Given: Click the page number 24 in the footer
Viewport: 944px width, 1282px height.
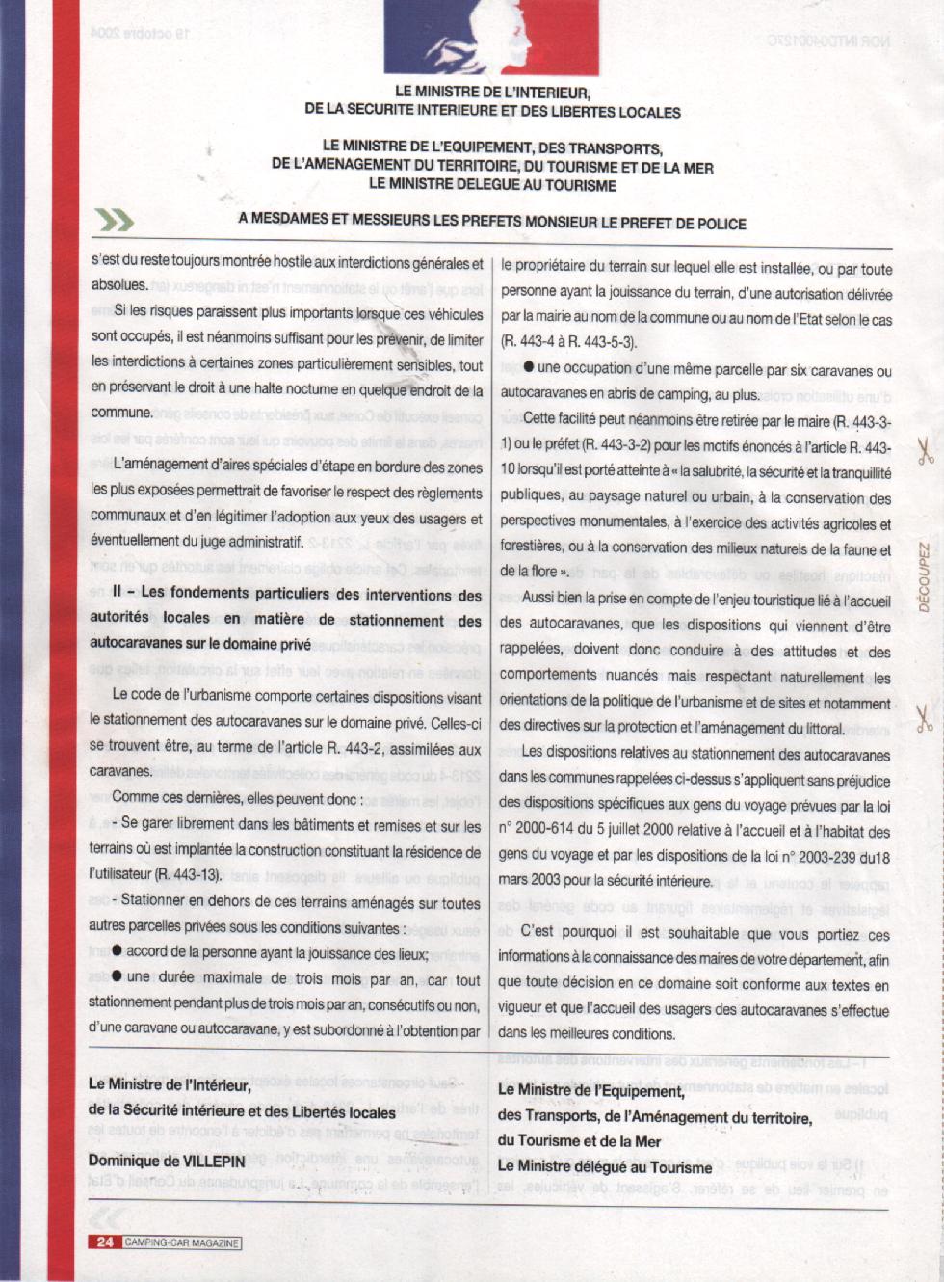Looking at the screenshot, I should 104,1242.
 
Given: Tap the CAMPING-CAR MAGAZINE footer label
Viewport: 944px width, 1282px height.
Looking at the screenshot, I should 181,1242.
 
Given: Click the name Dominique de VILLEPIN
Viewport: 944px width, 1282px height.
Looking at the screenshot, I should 167,1161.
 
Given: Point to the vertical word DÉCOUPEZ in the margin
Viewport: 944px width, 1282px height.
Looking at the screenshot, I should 924,578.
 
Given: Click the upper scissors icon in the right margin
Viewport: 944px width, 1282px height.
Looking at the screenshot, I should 925,451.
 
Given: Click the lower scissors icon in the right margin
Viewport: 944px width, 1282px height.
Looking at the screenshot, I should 925,718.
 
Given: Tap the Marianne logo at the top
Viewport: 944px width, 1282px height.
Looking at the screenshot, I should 491,37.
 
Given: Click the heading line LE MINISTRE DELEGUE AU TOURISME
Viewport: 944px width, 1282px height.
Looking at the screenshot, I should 492,184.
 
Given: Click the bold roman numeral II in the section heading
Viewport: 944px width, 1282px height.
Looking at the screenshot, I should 118,593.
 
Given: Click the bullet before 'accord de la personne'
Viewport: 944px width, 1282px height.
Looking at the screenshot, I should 117,951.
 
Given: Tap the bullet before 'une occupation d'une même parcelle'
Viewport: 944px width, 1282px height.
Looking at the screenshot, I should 529,367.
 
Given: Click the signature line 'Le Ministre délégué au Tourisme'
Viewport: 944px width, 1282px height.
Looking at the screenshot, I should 604,1166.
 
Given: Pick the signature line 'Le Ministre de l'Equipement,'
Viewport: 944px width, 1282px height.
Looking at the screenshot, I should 590,1090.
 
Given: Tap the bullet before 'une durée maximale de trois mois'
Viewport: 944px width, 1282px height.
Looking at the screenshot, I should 117,977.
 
